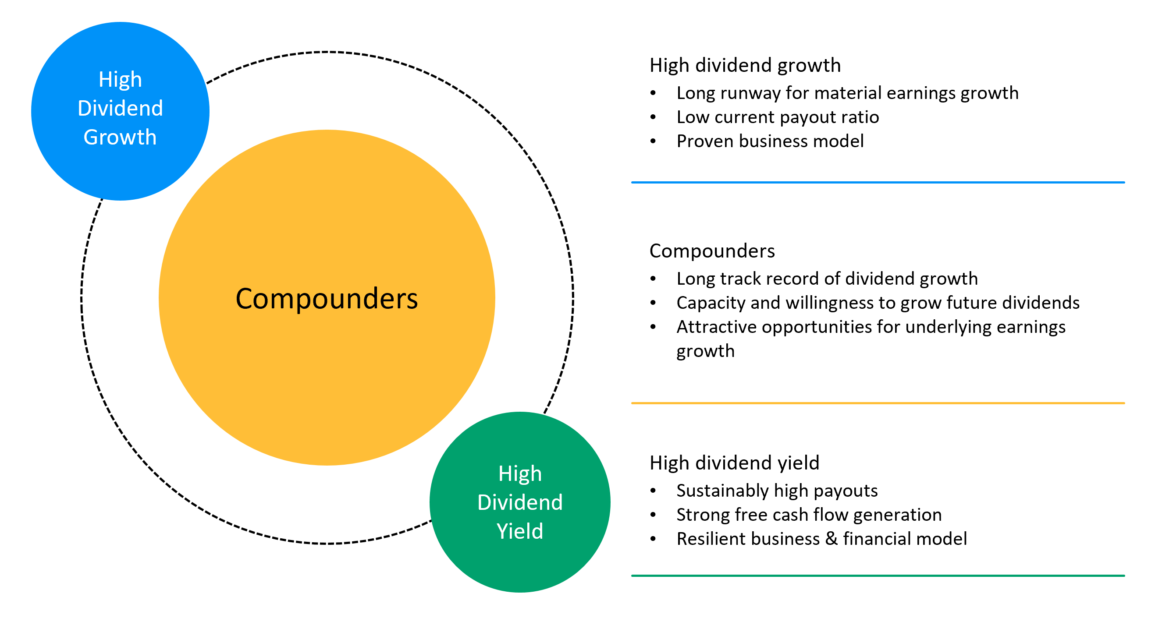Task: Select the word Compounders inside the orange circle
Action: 327,298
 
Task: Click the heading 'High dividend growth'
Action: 745,65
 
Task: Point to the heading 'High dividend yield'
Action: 734,463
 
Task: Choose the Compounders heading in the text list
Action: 712,251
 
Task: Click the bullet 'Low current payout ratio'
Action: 778,117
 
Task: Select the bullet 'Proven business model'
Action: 770,141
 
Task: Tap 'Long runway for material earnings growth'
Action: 847,93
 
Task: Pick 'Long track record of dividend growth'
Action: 827,279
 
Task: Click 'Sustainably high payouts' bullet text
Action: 777,491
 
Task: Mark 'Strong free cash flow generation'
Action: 809,515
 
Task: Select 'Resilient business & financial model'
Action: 821,539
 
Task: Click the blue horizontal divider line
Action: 878,182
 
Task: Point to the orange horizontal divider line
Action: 878,403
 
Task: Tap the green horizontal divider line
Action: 878,576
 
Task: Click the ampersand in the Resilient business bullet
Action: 831,539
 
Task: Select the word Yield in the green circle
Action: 520,532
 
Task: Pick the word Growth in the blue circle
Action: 120,137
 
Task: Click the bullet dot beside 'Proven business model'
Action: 653,141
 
